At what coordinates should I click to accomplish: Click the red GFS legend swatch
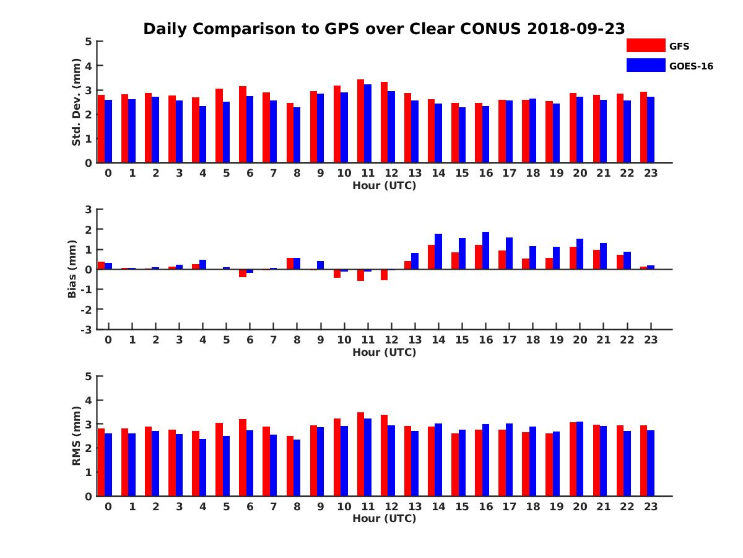click(645, 45)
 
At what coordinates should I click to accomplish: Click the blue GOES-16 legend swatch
click(645, 65)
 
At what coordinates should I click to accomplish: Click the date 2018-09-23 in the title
click(576, 29)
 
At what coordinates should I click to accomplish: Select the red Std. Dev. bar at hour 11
click(360, 121)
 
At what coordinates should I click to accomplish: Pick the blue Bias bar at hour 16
click(485, 250)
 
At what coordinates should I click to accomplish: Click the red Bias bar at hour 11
click(360, 275)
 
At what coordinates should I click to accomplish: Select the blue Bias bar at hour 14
click(438, 251)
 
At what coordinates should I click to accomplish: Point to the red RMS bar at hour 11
click(360, 454)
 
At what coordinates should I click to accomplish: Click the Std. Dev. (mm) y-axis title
click(76, 102)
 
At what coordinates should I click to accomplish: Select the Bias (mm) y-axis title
click(72, 269)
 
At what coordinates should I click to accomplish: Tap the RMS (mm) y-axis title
click(76, 436)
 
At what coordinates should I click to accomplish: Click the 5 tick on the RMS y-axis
click(89, 376)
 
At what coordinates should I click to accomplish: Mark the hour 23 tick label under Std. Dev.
click(650, 173)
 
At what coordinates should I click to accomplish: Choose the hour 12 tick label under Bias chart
click(391, 340)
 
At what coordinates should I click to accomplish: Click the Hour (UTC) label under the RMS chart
click(384, 518)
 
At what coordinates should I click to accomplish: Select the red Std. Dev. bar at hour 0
click(101, 128)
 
